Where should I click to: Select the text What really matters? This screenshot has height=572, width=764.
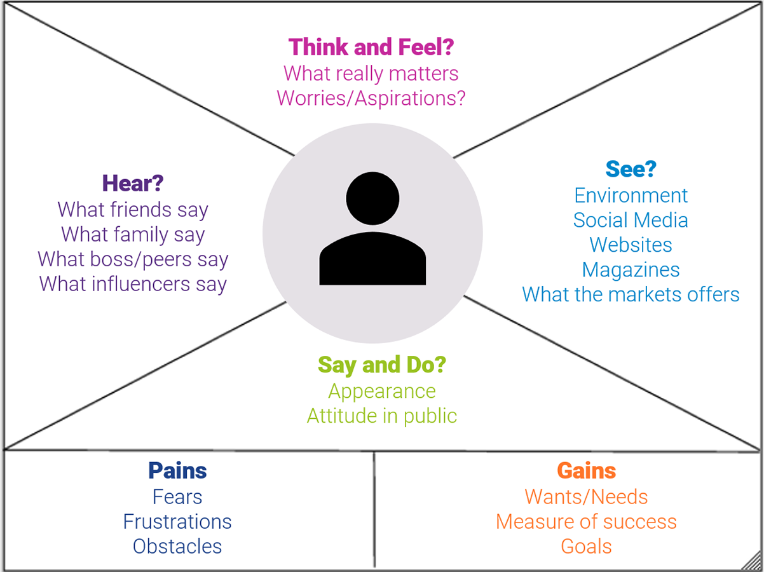coord(371,73)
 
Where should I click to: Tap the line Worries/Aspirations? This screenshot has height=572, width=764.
coord(371,98)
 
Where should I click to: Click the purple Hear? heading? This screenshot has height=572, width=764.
coord(133,184)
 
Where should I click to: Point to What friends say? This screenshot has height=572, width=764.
coord(133,209)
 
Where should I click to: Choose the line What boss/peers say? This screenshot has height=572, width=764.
coord(133,259)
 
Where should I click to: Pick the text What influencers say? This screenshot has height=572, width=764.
coord(133,283)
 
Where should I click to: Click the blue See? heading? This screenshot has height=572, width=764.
coord(631,170)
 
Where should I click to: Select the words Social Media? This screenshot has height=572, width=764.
coord(631,220)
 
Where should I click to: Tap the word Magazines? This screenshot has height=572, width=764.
coord(631,269)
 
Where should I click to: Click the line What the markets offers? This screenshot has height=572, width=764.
coord(631,294)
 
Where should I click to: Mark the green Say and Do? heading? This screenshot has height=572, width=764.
coord(382,365)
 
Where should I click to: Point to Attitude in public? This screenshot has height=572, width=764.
coord(382,416)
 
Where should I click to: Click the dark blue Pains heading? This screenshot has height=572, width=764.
coord(177,471)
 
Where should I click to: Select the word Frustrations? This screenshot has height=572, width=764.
coord(177,521)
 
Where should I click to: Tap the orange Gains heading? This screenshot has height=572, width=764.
coord(586,471)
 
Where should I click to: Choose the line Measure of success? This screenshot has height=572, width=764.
coord(586,521)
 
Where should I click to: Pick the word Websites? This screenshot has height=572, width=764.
coord(631,245)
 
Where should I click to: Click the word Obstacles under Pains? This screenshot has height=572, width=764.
coord(177,546)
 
